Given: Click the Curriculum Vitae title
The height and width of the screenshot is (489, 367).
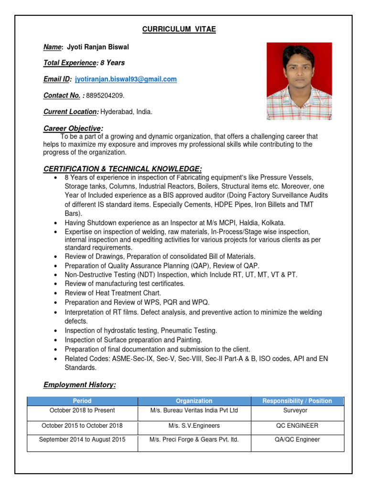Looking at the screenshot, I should (x=179, y=30).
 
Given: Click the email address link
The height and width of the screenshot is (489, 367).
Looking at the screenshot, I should (x=126, y=79).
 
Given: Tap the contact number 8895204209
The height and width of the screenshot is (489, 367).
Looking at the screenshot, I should (x=105, y=96).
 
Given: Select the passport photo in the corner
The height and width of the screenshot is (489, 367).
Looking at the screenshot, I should (x=299, y=81).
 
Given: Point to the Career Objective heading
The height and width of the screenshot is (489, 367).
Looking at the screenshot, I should (x=73, y=128).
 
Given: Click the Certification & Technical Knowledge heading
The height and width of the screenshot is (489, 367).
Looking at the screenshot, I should (x=122, y=169).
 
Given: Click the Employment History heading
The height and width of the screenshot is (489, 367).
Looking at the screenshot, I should (x=79, y=384).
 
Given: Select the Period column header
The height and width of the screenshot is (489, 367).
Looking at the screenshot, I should (x=82, y=401).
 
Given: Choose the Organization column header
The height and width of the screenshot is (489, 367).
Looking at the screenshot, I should (x=194, y=401).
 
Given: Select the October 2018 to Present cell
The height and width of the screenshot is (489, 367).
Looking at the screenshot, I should (x=82, y=411).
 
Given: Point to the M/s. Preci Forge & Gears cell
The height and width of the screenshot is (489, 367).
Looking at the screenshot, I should (x=194, y=439).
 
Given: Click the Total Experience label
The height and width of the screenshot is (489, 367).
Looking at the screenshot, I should (x=70, y=63).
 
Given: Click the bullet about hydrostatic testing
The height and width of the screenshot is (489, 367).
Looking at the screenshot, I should (x=141, y=330).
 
